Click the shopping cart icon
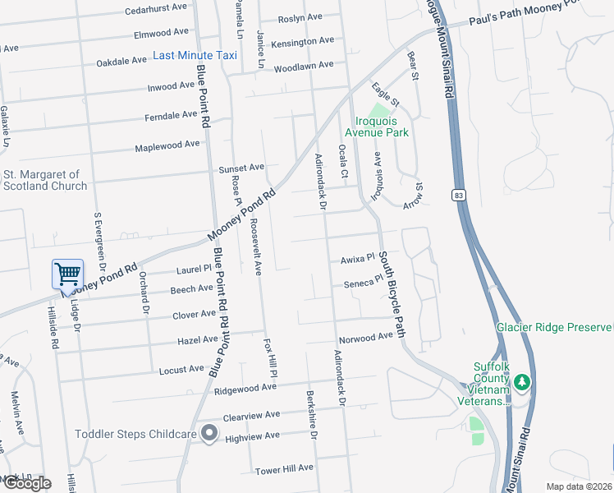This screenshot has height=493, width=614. coord(67,273)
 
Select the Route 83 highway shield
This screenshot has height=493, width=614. coord(458,195)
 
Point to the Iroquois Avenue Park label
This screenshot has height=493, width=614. coord(376,126)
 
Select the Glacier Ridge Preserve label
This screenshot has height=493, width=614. coord(554,327)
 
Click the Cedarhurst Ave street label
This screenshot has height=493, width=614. coord(157,12)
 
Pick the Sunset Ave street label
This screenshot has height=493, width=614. coord(241,168)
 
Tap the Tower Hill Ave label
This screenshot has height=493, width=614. coord(284,468)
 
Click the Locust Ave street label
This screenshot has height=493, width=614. coord(181,370)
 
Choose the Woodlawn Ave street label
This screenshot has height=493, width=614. coord(304,65)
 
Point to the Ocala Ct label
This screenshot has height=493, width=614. coord(344,166)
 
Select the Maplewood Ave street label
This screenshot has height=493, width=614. coord(167,145)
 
